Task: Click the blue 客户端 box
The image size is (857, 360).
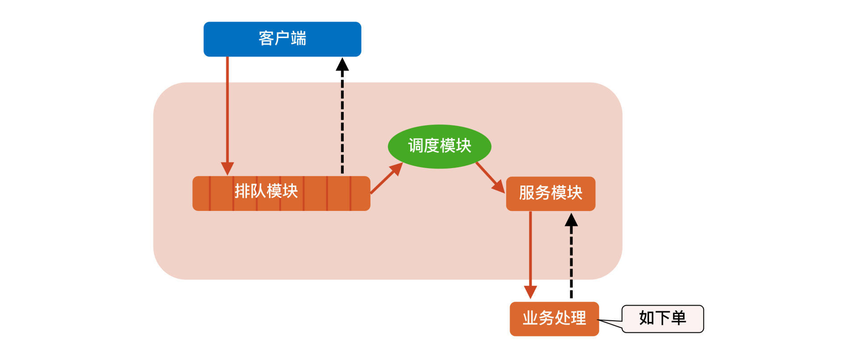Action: coord(282,39)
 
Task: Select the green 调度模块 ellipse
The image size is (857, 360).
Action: coord(439,146)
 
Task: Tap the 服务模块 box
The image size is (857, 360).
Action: coord(550,194)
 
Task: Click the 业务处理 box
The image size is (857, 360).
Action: coord(554,319)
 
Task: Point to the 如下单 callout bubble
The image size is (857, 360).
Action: coord(662,319)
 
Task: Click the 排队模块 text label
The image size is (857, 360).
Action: coord(266,191)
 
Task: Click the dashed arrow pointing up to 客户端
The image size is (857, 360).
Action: coord(342,120)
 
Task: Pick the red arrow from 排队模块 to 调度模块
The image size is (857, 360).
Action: coord(385,180)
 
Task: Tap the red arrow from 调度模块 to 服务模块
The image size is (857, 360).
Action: coord(488,175)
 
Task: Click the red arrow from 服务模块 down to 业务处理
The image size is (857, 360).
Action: coord(530,250)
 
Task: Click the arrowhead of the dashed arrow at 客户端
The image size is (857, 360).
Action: coord(342,65)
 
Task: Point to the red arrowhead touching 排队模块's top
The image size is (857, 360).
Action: coord(227,169)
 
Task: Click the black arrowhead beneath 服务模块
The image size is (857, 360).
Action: coord(571,220)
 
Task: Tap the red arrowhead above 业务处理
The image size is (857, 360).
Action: coord(530,292)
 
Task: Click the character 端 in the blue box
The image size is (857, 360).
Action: coord(299,38)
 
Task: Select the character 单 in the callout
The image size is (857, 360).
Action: coord(678,318)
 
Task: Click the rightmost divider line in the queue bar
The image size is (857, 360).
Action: coord(350,193)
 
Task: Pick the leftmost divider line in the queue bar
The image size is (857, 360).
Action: coord(210,193)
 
